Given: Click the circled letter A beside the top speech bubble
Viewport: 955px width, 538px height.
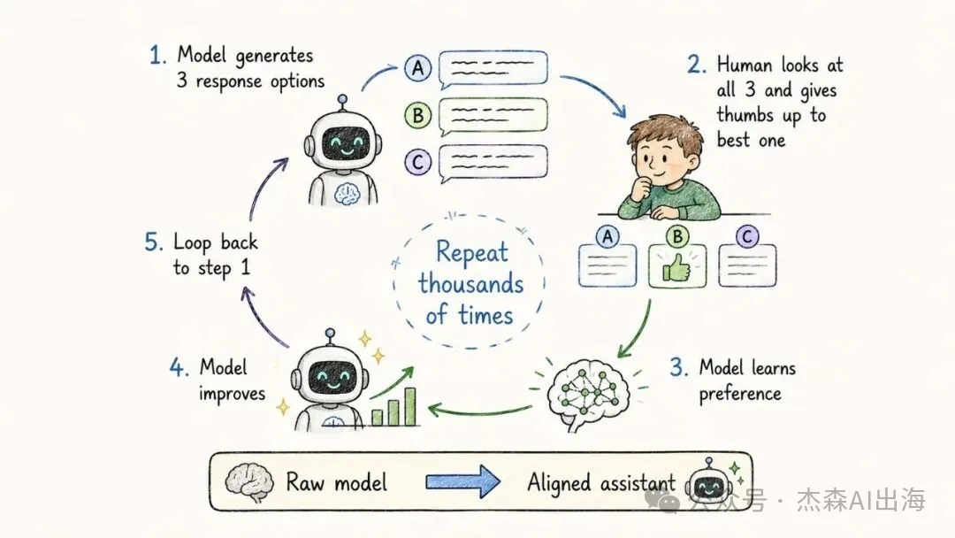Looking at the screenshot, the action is click(417, 67).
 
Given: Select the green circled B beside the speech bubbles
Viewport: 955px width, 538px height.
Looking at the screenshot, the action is click(417, 114).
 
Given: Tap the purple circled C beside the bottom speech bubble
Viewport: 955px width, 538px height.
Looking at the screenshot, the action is click(417, 162).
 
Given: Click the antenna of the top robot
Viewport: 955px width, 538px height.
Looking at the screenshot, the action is click(342, 103).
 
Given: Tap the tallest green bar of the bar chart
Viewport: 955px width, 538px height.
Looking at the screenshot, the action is click(410, 406).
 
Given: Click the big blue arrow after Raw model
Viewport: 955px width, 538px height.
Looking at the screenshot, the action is click(462, 482).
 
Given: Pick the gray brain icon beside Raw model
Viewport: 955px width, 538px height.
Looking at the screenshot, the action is click(248, 482).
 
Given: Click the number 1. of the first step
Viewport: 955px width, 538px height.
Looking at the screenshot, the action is click(157, 56).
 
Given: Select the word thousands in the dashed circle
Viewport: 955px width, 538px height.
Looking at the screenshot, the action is click(470, 284).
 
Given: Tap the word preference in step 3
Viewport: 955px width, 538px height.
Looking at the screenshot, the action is click(740, 395).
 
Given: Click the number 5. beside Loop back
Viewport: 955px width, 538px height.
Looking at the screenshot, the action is click(154, 242).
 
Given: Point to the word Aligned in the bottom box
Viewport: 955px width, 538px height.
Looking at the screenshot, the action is click(559, 483).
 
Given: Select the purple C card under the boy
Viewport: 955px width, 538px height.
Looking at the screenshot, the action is click(747, 258).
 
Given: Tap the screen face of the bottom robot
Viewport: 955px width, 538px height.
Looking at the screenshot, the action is click(330, 378).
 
